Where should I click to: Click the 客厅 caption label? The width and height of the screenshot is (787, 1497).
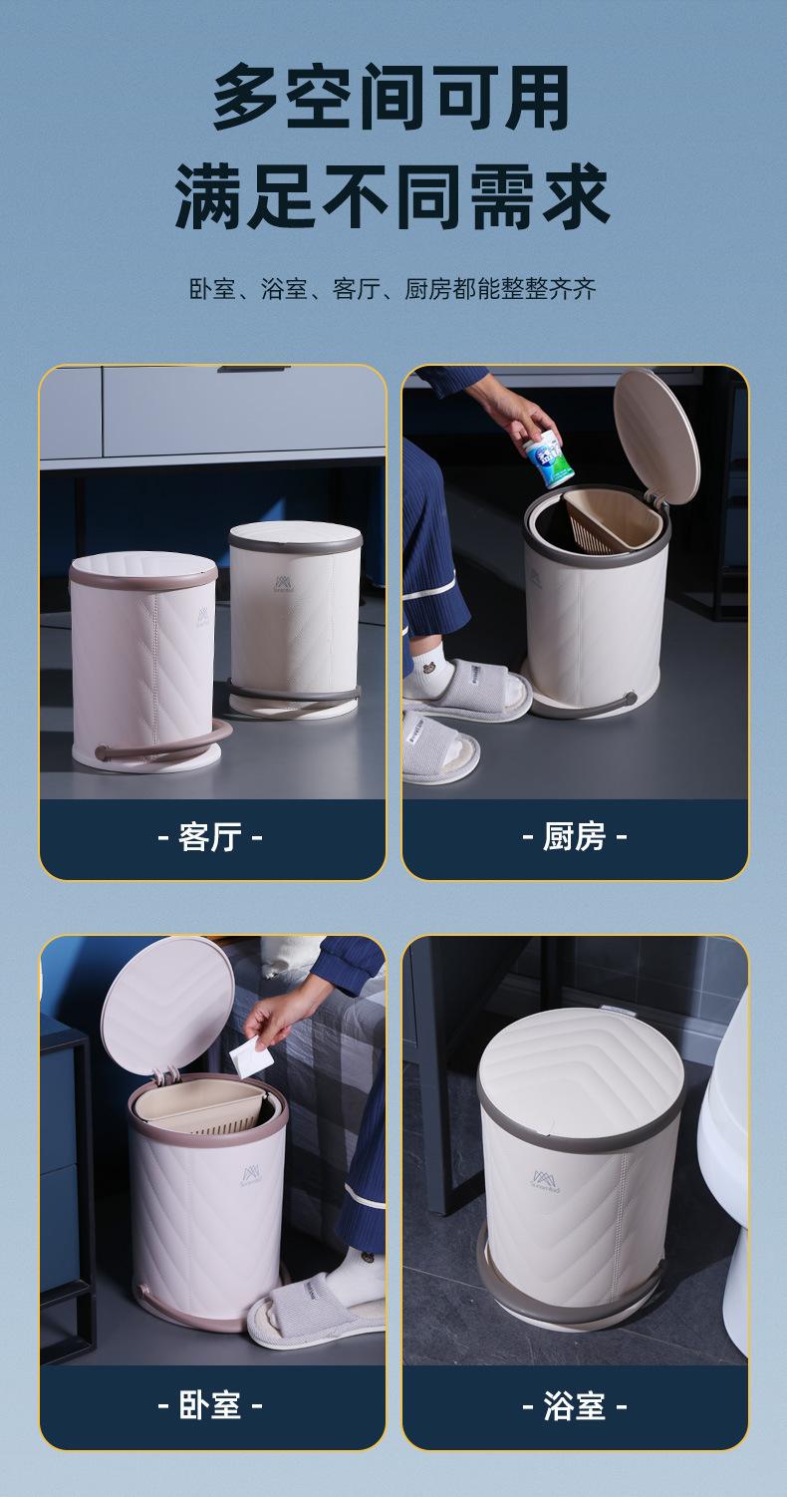(x=210, y=836)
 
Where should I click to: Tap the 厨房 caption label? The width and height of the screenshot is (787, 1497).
(x=575, y=836)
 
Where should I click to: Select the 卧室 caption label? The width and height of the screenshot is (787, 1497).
(x=210, y=1406)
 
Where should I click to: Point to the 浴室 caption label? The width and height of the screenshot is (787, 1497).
(x=575, y=1406)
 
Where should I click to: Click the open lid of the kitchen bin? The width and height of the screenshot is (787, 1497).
(x=656, y=436)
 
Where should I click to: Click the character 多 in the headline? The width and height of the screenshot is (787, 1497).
(x=246, y=97)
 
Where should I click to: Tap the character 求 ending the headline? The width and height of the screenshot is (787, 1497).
(x=576, y=195)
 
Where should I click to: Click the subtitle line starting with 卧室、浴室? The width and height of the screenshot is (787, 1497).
(x=393, y=289)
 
